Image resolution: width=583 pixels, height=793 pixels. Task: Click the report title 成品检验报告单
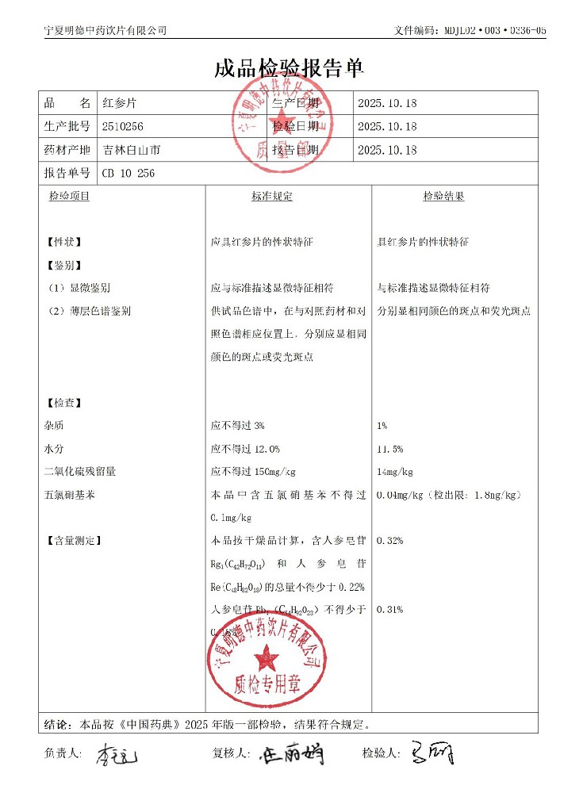click(289, 68)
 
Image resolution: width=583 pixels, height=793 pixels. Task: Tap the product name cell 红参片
click(116, 103)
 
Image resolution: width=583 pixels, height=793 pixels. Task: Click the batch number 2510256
click(123, 126)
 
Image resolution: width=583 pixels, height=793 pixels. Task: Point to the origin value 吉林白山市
click(131, 150)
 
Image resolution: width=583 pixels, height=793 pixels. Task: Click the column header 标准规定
click(272, 196)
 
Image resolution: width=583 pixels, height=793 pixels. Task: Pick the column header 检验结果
click(443, 196)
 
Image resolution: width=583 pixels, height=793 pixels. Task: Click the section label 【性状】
click(64, 242)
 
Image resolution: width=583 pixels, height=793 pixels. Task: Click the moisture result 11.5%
click(390, 449)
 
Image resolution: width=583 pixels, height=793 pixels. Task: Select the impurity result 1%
click(382, 426)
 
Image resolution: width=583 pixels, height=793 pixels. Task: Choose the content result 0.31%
click(390, 609)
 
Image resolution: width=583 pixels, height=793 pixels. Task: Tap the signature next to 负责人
click(117, 754)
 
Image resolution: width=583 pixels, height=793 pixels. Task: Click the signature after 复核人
click(291, 754)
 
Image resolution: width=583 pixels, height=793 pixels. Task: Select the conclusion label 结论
click(58, 724)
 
